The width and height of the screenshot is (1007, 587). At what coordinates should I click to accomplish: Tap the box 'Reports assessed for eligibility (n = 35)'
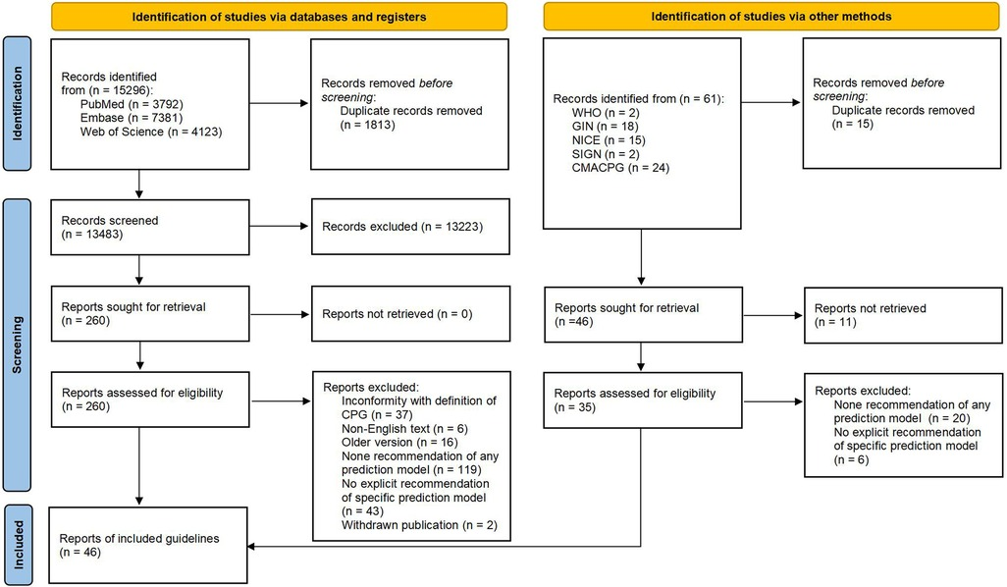tap(641, 400)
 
